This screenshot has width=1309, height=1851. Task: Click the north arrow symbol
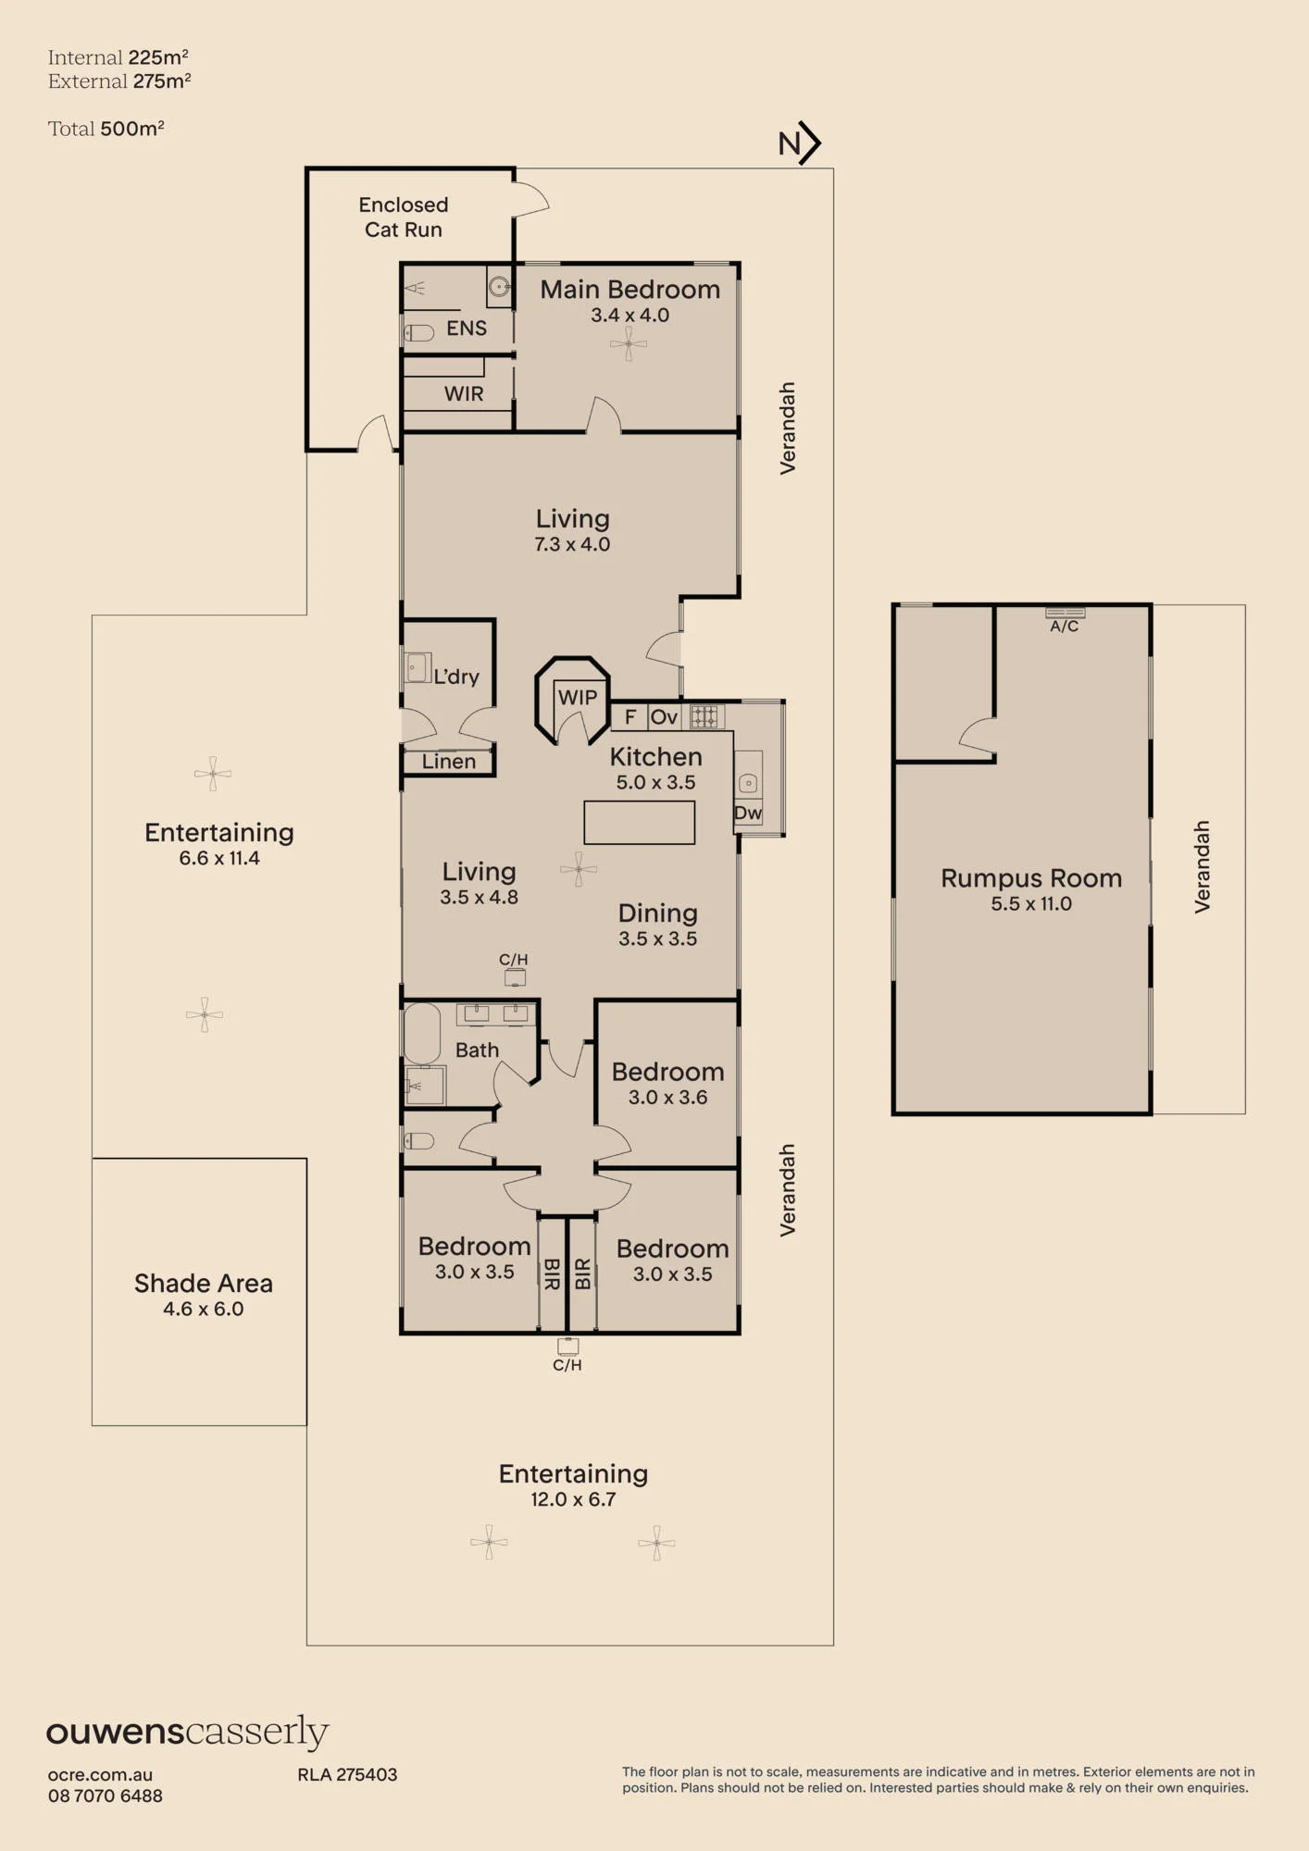[800, 143]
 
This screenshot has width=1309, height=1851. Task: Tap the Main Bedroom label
[630, 290]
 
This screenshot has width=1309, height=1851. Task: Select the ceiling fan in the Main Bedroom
[629, 344]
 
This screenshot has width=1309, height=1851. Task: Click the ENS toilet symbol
[418, 332]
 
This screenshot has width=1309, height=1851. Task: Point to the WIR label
[464, 394]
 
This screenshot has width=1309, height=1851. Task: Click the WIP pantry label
[578, 697]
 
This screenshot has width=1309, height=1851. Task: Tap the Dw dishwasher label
[748, 814]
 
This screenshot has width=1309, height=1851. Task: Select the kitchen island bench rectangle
[640, 823]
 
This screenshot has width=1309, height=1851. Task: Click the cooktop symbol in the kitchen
[704, 716]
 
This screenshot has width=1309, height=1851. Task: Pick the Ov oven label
[664, 717]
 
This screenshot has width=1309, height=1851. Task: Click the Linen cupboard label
[449, 762]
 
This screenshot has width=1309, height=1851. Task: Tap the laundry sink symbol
[417, 667]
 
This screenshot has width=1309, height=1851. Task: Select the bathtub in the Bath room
[422, 1034]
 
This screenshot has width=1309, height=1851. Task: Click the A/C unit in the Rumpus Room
[1065, 613]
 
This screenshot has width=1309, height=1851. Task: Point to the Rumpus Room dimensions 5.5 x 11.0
[1031, 904]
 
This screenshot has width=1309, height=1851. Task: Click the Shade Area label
[204, 1284]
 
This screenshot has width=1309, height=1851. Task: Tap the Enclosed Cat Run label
[404, 217]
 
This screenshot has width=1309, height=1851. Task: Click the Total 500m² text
[106, 129]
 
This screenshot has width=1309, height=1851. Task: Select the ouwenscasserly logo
[188, 1732]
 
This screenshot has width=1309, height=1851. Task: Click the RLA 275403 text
[347, 1774]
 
